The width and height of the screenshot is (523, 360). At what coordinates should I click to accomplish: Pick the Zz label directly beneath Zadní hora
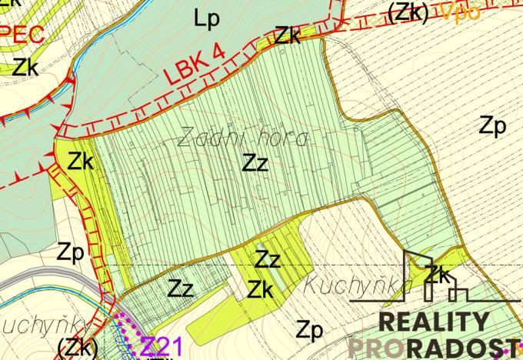coord(255,163)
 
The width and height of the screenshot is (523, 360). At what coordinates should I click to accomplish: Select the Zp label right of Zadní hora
coord(492,126)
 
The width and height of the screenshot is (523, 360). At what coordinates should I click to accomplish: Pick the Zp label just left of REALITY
coord(308,331)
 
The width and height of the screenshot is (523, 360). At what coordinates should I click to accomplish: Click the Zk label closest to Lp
coord(288,35)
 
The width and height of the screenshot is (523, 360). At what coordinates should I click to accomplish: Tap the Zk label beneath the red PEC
coord(25,66)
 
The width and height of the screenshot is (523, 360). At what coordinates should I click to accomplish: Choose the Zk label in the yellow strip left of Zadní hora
coord(80,162)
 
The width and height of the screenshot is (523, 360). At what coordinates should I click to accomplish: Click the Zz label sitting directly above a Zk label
coord(268,259)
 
